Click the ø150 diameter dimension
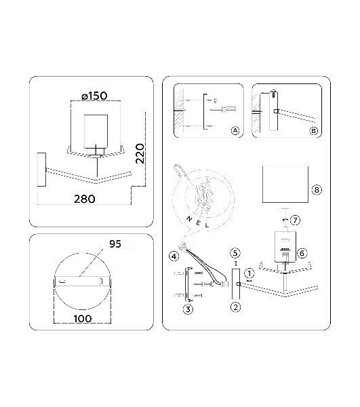(x=94, y=96)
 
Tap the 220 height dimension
(x=140, y=153)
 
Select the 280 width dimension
(x=85, y=199)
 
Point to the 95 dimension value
(x=115, y=244)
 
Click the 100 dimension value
(x=83, y=319)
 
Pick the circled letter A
(x=235, y=130)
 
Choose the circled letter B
(x=314, y=131)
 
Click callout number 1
(x=249, y=273)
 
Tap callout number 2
(x=235, y=307)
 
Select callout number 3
(x=188, y=309)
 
